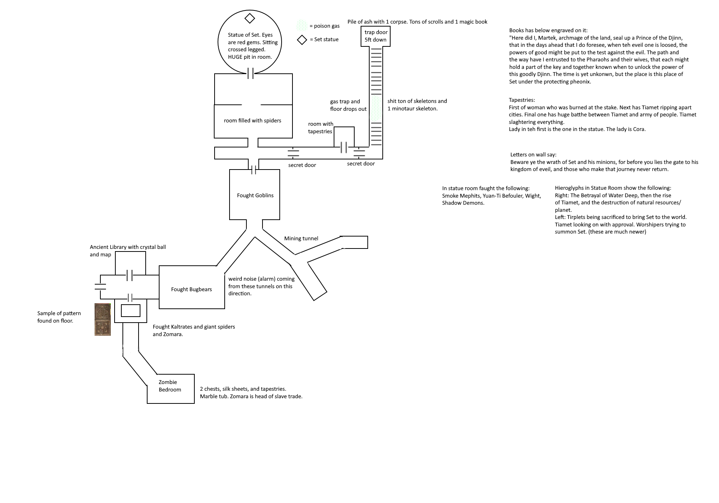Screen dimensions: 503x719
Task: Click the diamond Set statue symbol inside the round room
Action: pyautogui.click(x=249, y=18)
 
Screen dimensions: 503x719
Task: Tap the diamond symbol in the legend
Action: pyautogui.click(x=302, y=40)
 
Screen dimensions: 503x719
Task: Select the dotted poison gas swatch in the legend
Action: pyautogui.click(x=302, y=26)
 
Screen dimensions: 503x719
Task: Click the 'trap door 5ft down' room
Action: pyautogui.click(x=375, y=36)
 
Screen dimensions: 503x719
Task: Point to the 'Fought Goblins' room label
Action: pyautogui.click(x=255, y=195)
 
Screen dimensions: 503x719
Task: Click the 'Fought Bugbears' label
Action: pyautogui.click(x=191, y=289)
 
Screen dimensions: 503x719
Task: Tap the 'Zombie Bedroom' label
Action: pyautogui.click(x=170, y=386)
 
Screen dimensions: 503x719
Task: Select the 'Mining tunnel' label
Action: pyautogui.click(x=301, y=238)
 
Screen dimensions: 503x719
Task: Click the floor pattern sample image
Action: pyautogui.click(x=103, y=319)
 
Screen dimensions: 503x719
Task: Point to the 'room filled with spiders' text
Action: pyautogui.click(x=252, y=121)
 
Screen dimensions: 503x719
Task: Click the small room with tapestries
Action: pyautogui.click(x=344, y=137)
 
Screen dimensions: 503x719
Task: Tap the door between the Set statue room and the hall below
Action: pyautogui.click(x=251, y=73)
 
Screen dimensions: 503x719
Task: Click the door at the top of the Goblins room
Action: pyautogui.click(x=254, y=170)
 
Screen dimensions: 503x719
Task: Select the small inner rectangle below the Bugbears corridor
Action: pyautogui.click(x=131, y=311)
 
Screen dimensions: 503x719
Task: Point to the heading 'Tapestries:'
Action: pyautogui.click(x=522, y=100)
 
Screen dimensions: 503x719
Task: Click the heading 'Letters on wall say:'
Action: pyautogui.click(x=533, y=155)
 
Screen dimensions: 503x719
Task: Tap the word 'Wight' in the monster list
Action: pyautogui.click(x=533, y=196)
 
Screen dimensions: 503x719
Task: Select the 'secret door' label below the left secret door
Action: pyautogui.click(x=302, y=165)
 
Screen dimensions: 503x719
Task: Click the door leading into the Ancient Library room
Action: pyautogui.click(x=130, y=275)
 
